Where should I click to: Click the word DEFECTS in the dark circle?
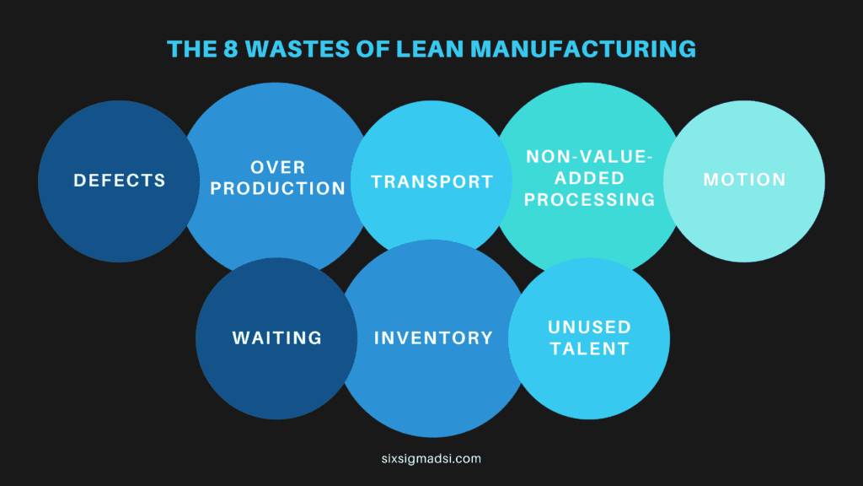(119, 181)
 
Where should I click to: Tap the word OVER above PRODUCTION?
(278, 167)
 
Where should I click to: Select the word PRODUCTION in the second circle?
(278, 188)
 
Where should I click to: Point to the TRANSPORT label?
(432, 182)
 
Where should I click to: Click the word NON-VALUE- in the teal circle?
(590, 157)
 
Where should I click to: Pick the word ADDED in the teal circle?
(590, 178)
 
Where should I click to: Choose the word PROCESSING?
(590, 199)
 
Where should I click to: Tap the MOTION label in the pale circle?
(744, 180)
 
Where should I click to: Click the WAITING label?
(277, 338)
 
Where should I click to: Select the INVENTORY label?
(433, 338)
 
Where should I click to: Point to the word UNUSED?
(589, 327)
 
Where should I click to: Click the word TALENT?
(589, 348)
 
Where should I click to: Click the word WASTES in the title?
(286, 48)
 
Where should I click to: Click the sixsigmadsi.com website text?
(431, 459)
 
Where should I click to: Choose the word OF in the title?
(359, 48)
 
